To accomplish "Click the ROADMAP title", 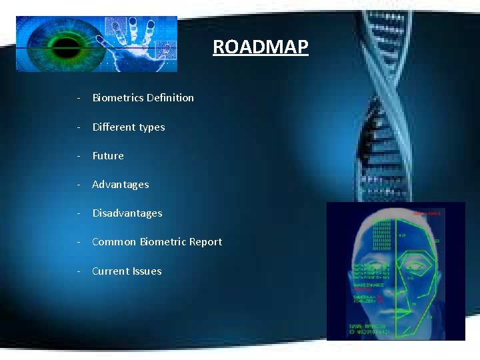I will pos(261,47).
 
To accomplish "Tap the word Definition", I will pos(170,98).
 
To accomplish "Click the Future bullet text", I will pos(108,156).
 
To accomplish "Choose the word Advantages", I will pos(121,185).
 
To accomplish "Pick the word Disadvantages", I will pos(127,213).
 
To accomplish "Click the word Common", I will pos(114,242).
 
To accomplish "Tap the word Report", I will pos(205,242).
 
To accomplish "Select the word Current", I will pos(111,271).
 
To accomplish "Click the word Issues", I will pos(147,271).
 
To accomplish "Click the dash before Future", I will pos(79,156).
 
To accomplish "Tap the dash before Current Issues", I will pos(79,271).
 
